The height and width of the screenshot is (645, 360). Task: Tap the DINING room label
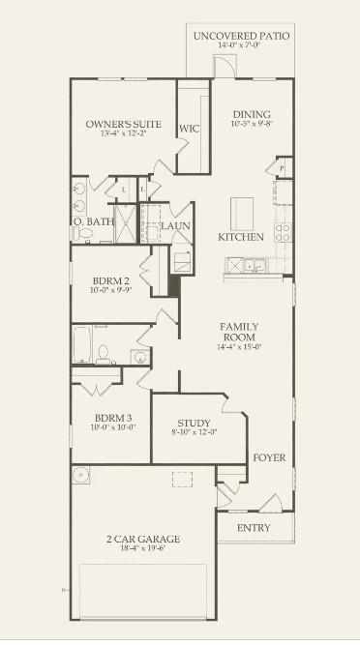pyautogui.click(x=251, y=114)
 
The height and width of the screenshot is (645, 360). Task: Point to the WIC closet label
pyautogui.click(x=189, y=128)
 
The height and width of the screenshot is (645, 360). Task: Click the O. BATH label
pyautogui.click(x=94, y=221)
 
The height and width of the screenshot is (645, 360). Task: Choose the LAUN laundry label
pyautogui.click(x=175, y=226)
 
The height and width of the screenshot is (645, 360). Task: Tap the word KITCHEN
pyautogui.click(x=240, y=236)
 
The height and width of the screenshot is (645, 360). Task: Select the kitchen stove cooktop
pyautogui.click(x=283, y=232)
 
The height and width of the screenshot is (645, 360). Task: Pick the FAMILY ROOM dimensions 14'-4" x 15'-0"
pyautogui.click(x=239, y=346)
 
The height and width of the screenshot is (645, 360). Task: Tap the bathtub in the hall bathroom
pyautogui.click(x=81, y=343)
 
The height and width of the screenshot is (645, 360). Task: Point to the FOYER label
pyautogui.click(x=268, y=456)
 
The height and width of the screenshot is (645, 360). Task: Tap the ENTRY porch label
pyautogui.click(x=253, y=528)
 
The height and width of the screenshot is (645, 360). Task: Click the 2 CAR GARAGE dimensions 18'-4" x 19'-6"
pyautogui.click(x=143, y=547)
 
